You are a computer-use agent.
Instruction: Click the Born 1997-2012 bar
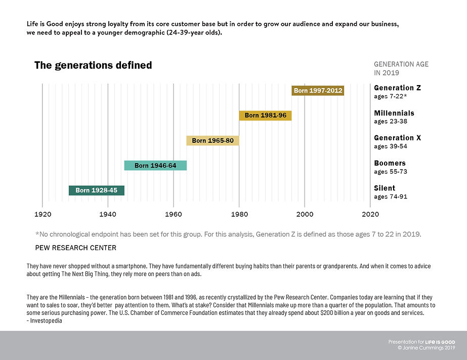(x=318, y=91)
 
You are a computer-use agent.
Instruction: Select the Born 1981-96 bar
(x=265, y=115)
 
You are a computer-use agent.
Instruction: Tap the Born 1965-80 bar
(x=213, y=140)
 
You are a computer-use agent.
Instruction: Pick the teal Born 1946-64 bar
(x=155, y=166)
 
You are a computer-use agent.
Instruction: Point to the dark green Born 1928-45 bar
(x=96, y=190)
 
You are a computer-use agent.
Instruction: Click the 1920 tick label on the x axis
(x=43, y=215)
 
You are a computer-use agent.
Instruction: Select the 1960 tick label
(x=174, y=215)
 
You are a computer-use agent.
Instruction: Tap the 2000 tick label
(x=305, y=215)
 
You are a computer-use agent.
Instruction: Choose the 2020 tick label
(x=370, y=215)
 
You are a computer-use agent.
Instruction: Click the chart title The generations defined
(x=93, y=65)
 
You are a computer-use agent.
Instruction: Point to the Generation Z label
(x=397, y=88)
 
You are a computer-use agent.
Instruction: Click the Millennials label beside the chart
(x=394, y=113)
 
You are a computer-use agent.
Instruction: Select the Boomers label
(x=390, y=163)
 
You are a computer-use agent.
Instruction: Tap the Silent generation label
(x=385, y=188)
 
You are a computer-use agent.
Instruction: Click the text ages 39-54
(x=390, y=146)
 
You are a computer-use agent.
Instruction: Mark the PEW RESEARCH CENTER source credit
(x=76, y=248)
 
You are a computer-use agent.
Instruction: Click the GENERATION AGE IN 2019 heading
(x=401, y=68)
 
